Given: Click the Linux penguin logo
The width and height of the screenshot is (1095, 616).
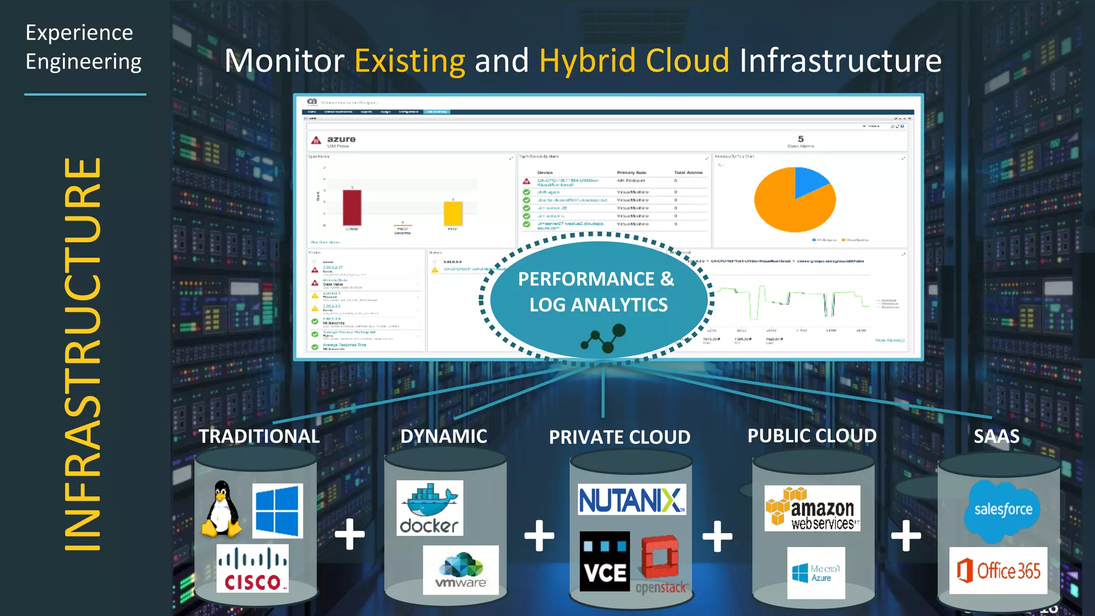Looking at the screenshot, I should pyautogui.click(x=221, y=509).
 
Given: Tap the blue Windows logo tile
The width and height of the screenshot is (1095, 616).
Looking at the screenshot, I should pyautogui.click(x=277, y=511).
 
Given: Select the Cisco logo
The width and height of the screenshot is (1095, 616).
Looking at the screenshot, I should pyautogui.click(x=252, y=569).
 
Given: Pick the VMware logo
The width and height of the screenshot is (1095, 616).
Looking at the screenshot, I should pyautogui.click(x=461, y=570).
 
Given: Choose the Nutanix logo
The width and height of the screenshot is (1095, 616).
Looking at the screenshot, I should pyautogui.click(x=631, y=500).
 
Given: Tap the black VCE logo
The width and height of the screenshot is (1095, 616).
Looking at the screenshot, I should pyautogui.click(x=605, y=561).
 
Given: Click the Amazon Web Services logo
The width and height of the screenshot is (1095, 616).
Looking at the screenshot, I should pyautogui.click(x=812, y=509).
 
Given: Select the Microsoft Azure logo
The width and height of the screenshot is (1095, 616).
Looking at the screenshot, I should pyautogui.click(x=816, y=573).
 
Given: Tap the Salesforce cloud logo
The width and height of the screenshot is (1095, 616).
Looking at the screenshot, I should pyautogui.click(x=1002, y=510).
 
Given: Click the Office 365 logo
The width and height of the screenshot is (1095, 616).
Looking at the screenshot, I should pyautogui.click(x=998, y=571).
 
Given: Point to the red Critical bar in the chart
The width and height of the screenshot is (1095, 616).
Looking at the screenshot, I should pyautogui.click(x=352, y=208).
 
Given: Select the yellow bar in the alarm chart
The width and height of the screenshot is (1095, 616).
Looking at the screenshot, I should pyautogui.click(x=453, y=214).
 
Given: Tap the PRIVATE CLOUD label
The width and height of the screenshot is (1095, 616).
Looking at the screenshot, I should pyautogui.click(x=620, y=437).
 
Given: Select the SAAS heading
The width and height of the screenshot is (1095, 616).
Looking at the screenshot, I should pyautogui.click(x=997, y=436).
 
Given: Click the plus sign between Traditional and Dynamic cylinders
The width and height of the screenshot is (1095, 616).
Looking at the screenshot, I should pyautogui.click(x=350, y=534).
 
